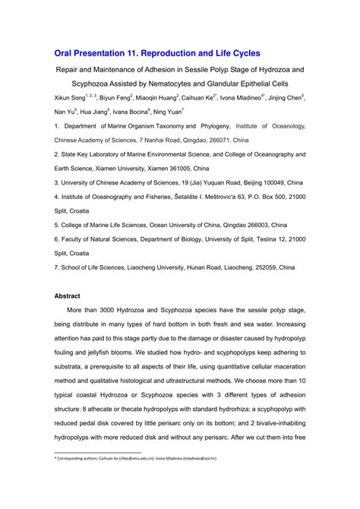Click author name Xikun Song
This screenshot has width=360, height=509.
(73, 99)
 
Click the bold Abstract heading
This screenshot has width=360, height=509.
(68, 296)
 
